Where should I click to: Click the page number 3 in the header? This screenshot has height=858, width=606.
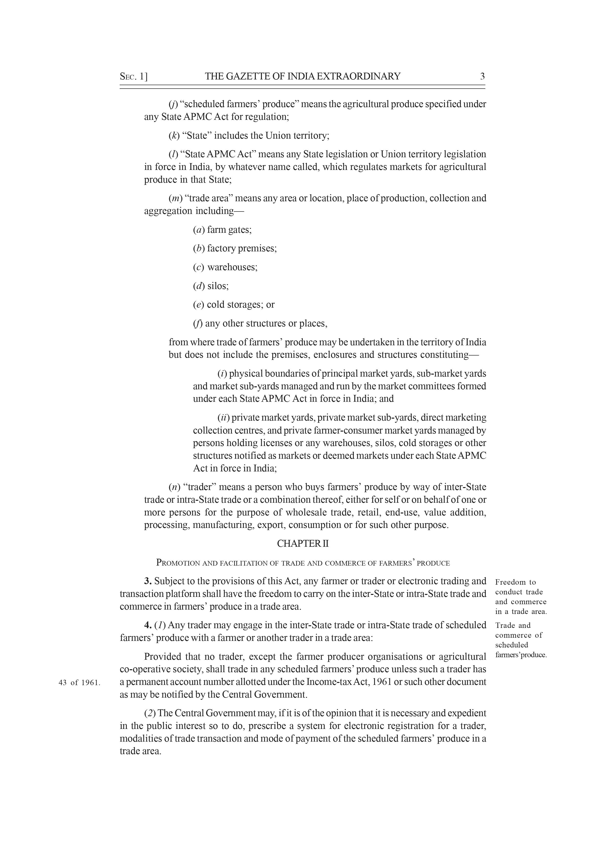coord(482,77)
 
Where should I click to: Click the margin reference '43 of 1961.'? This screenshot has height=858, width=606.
coord(79,683)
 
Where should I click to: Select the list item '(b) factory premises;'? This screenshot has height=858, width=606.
coord(235,248)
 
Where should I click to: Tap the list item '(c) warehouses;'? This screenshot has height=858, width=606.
coord(225,267)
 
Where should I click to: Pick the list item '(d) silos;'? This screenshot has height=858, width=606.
coord(211,286)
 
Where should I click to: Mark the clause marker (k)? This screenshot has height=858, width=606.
coord(174,136)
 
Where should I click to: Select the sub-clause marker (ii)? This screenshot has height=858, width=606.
coord(223,417)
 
